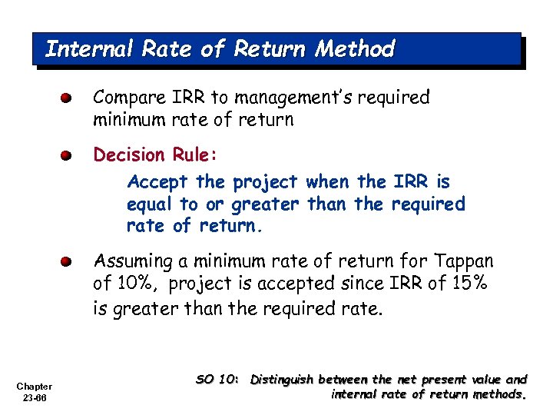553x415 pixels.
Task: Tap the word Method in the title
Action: pos(356,49)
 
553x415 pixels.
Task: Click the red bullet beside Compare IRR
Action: pos(68,98)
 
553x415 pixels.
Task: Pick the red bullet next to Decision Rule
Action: pos(68,155)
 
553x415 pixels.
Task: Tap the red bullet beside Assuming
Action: pos(68,262)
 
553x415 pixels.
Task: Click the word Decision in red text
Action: pos(128,155)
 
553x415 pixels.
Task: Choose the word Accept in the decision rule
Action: pos(157,183)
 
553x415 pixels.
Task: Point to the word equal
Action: pos(150,204)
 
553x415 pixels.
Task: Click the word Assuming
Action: pos(134,262)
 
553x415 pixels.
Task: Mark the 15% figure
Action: pos(470,284)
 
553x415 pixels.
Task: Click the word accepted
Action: pos(289,284)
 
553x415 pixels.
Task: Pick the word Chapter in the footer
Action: pos(34,386)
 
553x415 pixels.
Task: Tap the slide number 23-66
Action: pos(34,397)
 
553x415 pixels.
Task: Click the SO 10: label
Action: pos(219,380)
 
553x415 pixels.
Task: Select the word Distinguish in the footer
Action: pos(282,380)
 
